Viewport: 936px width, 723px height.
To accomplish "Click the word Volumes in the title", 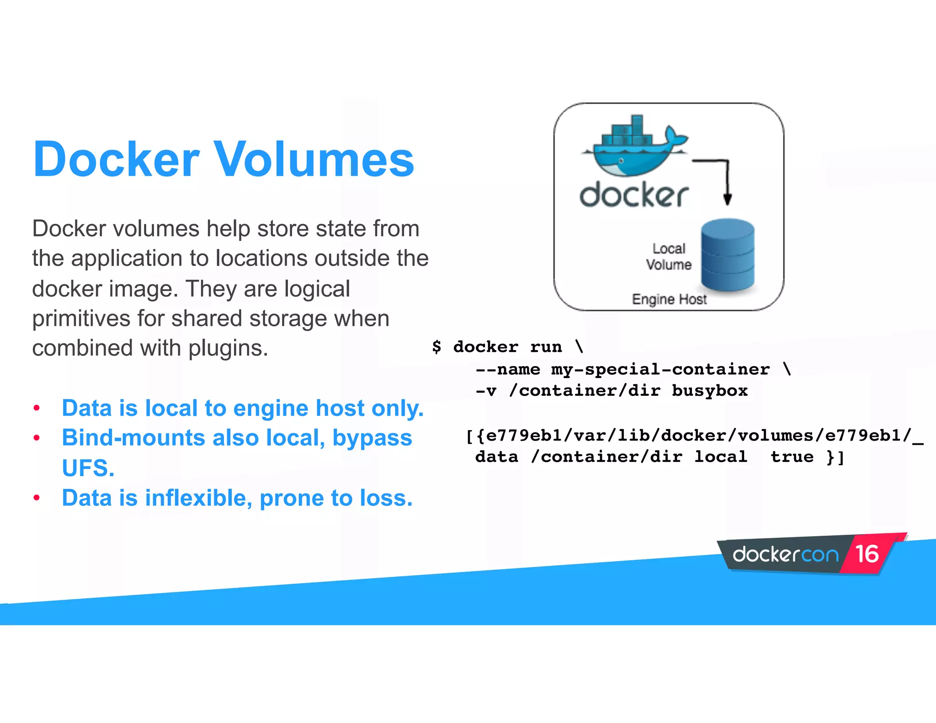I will pos(314,159).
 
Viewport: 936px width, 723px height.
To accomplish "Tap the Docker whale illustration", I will pos(633,149).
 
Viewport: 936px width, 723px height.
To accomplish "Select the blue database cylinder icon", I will pos(728,255).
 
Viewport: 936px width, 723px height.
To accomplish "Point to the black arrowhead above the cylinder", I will pos(728,199).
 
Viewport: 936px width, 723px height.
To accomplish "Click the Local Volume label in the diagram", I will pos(669,257).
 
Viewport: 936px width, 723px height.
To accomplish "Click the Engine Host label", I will pos(669,299).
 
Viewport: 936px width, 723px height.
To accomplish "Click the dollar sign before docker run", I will pos(436,347).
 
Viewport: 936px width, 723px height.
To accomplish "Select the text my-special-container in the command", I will pos(660,369).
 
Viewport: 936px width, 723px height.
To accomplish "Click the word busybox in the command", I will pos(709,391).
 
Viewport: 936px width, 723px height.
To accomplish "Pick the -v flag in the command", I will pos(486,391).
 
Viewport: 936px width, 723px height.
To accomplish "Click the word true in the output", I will pos(792,457).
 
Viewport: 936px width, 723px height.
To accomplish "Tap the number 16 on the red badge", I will pos(867,554).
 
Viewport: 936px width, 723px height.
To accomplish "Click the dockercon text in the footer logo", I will pos(786,555).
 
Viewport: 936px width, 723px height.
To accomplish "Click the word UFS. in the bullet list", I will pos(88,468).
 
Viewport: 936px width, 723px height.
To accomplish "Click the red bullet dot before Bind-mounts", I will pos(37,438).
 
